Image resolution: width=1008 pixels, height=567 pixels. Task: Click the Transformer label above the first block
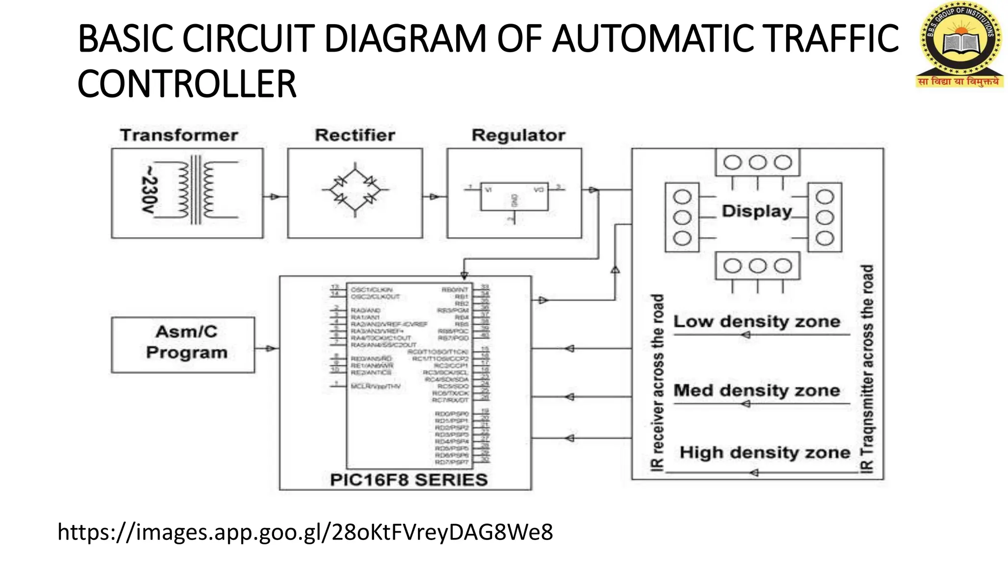179,135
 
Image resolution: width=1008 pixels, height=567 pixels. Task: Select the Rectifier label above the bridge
355,135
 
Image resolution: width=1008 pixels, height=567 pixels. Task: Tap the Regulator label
518,135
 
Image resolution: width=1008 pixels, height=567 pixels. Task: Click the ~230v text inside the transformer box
149,189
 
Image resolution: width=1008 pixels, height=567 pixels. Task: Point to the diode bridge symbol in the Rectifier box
355,190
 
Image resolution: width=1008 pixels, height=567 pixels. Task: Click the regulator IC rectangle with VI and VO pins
514,196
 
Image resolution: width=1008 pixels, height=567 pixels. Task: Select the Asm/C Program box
183,344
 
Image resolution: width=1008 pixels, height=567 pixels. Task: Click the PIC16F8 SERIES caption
409,479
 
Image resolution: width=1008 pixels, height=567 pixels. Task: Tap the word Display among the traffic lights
756,211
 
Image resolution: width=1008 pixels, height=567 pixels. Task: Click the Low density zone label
756,321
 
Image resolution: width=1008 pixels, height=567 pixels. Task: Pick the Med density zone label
756,390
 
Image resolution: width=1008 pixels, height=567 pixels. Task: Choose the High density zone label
764,452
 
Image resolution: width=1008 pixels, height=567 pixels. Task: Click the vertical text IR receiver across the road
658,382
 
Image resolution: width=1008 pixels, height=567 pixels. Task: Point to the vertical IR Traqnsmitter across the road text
867,369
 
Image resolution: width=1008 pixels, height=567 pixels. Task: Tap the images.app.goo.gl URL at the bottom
305,532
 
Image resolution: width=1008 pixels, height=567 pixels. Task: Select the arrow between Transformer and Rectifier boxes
274,197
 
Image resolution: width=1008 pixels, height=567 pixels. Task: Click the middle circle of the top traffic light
757,162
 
